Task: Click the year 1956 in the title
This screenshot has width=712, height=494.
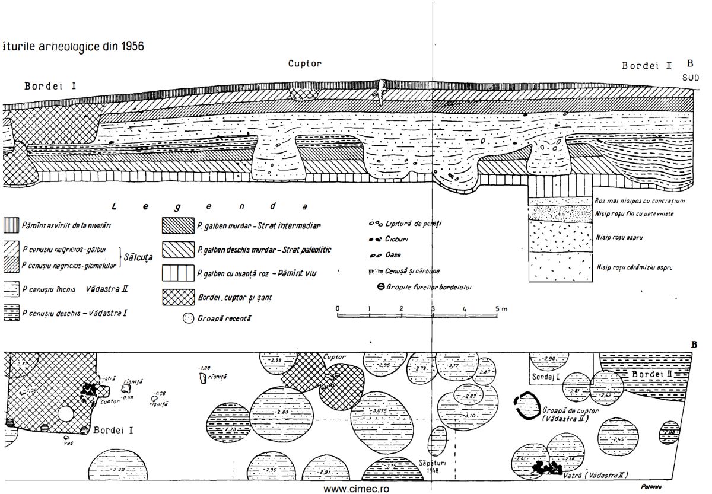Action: click(x=129, y=46)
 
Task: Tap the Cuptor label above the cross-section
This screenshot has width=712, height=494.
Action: click(x=305, y=63)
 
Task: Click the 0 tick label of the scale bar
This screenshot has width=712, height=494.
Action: click(x=337, y=309)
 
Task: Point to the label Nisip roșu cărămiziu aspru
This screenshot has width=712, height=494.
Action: click(x=634, y=268)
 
